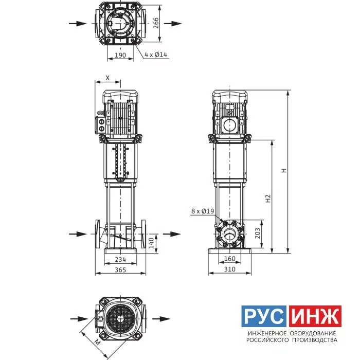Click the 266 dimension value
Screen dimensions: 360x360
click(x=156, y=23)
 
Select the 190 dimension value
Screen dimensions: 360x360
click(x=120, y=55)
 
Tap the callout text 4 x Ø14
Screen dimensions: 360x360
click(x=156, y=55)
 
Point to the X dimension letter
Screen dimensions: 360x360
click(x=107, y=78)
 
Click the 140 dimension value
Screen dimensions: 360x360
click(x=151, y=243)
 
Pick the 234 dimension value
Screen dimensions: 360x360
click(x=120, y=259)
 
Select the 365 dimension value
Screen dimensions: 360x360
click(x=120, y=270)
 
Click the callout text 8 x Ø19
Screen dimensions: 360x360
click(x=203, y=211)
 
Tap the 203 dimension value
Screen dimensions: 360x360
click(x=258, y=233)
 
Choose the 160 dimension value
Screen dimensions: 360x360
click(x=229, y=259)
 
